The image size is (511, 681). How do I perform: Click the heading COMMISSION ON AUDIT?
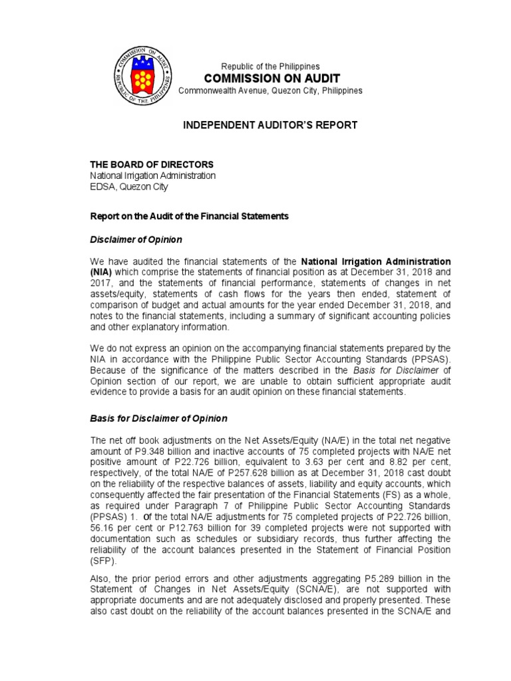tap(270, 78)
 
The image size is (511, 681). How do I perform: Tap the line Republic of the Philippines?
tap(270, 67)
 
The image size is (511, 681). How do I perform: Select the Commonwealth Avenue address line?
tap(270, 90)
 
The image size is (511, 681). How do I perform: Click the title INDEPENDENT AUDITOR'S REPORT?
tap(270, 125)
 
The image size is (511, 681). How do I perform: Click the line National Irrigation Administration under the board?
tap(153, 176)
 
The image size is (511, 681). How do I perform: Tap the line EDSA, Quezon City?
tap(129, 187)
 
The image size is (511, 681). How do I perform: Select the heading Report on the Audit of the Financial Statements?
tap(190, 217)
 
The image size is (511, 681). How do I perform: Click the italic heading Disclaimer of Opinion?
tap(136, 239)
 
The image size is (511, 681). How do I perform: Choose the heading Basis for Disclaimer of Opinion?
tap(158, 419)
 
